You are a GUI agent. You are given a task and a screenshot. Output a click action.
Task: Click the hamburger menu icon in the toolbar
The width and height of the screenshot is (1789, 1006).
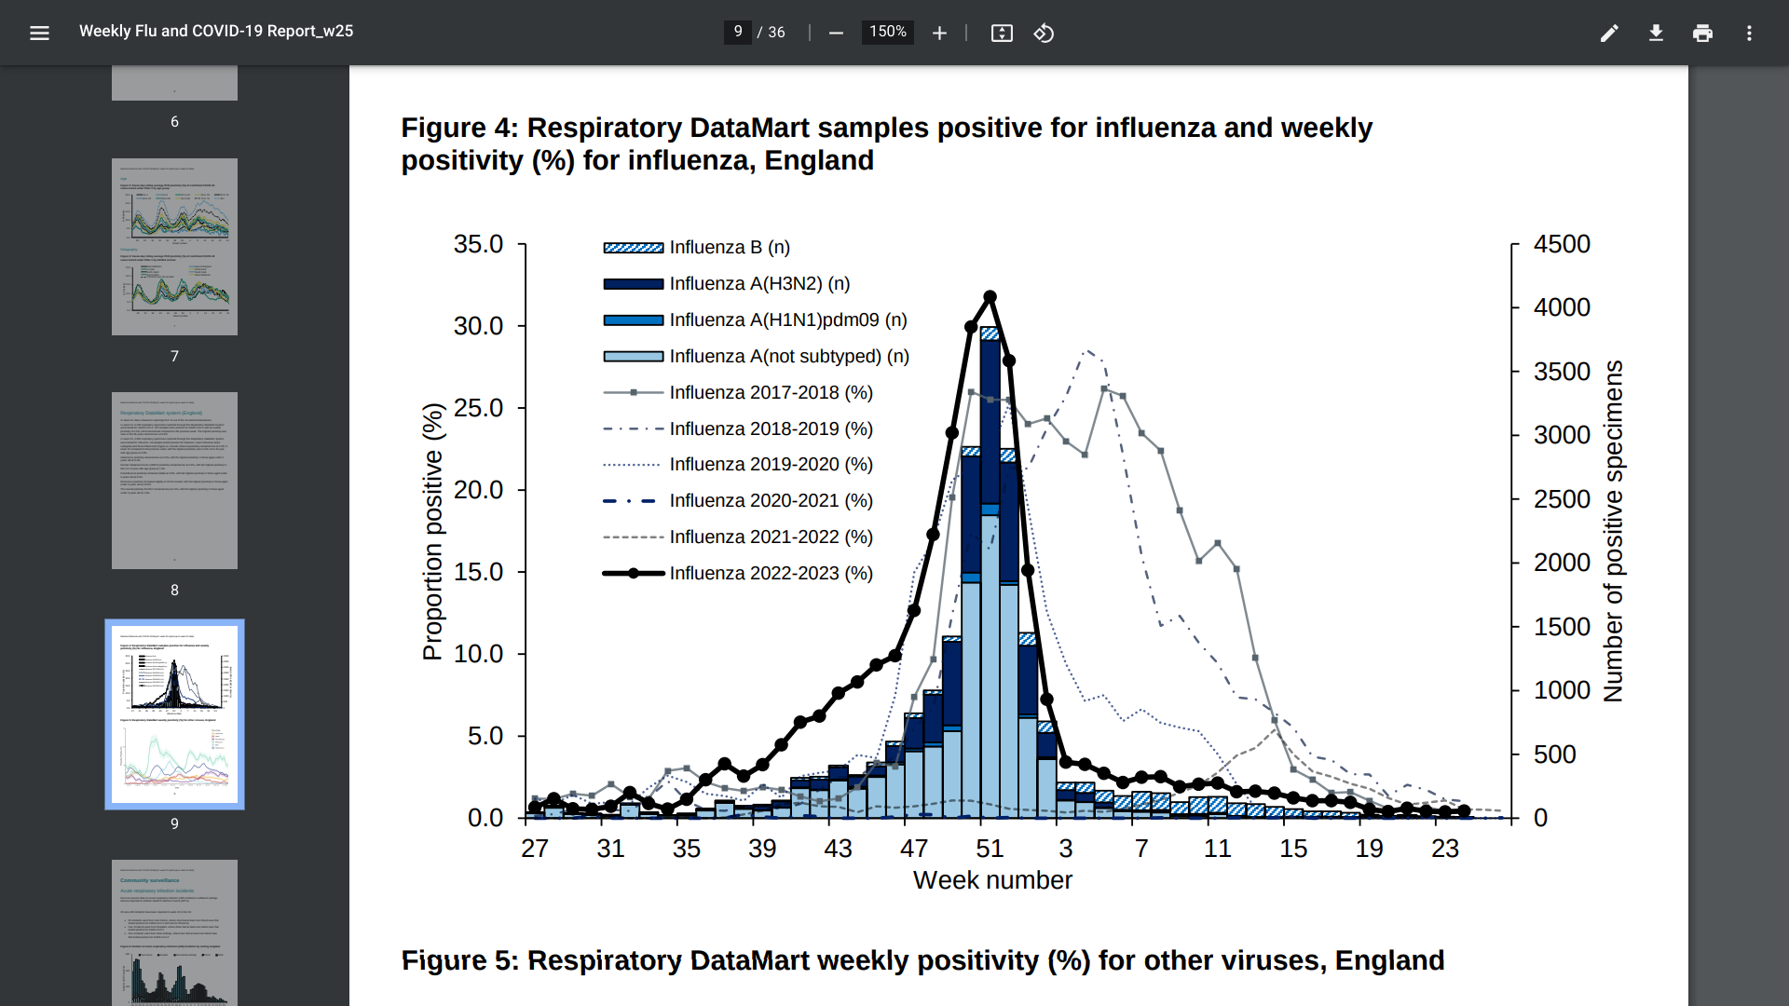(39, 34)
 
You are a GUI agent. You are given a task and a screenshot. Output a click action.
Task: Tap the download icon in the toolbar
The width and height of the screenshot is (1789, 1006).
(1656, 34)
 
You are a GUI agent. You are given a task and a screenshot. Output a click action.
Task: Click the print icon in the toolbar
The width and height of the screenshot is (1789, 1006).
(1702, 34)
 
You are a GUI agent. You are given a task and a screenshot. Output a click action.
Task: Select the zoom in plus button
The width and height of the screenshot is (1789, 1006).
(939, 34)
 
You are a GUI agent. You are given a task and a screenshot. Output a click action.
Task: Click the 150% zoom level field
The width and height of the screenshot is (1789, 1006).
(887, 33)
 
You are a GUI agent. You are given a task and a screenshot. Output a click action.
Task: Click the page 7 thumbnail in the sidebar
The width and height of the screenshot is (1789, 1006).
(174, 247)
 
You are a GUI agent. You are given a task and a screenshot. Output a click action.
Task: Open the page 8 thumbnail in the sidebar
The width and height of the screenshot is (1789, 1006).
(174, 481)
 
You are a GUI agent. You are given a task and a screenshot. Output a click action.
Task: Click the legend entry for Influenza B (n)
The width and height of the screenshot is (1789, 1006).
(729, 248)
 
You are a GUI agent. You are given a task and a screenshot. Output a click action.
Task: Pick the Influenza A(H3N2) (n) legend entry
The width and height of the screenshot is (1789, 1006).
(758, 284)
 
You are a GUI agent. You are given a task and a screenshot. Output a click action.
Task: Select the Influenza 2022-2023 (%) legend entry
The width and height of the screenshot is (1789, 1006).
(770, 574)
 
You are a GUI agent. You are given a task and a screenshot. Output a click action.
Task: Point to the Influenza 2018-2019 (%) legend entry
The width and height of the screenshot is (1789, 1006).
(770, 429)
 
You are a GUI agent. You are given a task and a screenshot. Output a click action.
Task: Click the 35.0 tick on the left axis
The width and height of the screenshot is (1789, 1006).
(478, 244)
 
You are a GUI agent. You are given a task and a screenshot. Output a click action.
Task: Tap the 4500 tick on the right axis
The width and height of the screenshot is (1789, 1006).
(1562, 244)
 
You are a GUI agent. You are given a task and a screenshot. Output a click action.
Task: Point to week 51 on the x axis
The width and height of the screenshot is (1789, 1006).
(990, 849)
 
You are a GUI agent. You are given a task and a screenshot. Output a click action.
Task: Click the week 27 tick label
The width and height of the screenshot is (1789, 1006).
(535, 849)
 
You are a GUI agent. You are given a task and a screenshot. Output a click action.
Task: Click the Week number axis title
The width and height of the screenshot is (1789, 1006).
(992, 880)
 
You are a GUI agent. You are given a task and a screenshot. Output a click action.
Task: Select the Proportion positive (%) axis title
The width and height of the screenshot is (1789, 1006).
(433, 532)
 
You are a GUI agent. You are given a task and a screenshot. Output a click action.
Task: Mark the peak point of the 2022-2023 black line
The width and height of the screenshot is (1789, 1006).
(990, 297)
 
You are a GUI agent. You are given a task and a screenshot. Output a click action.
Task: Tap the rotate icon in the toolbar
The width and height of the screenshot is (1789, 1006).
(1044, 34)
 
